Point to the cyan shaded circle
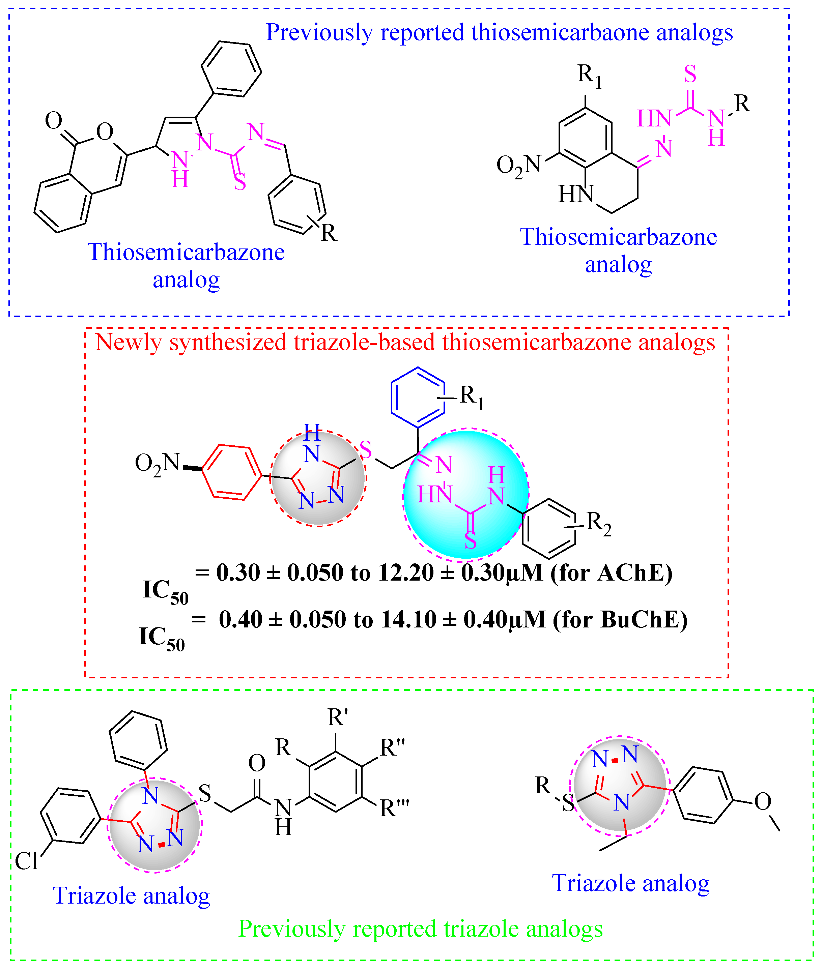click(466, 494)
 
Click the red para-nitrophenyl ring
click(232, 472)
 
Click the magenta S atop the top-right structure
click(690, 74)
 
